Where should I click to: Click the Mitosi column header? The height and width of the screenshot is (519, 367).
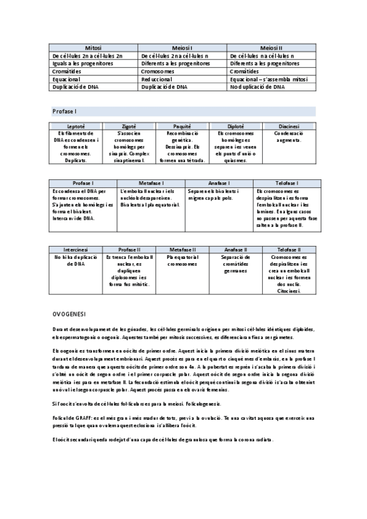point(94,48)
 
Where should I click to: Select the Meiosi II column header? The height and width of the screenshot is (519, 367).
point(271,48)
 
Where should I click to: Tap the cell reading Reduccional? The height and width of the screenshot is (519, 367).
point(156,80)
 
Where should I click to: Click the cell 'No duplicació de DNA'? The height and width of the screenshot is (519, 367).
point(258,88)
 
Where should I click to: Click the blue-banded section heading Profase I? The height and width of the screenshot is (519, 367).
point(64,111)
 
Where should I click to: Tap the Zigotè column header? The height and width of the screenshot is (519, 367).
point(129,126)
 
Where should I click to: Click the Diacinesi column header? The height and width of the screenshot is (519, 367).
point(289,126)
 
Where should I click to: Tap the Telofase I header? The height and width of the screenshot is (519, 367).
point(286,183)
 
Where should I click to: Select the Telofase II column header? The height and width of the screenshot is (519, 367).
point(289,250)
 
